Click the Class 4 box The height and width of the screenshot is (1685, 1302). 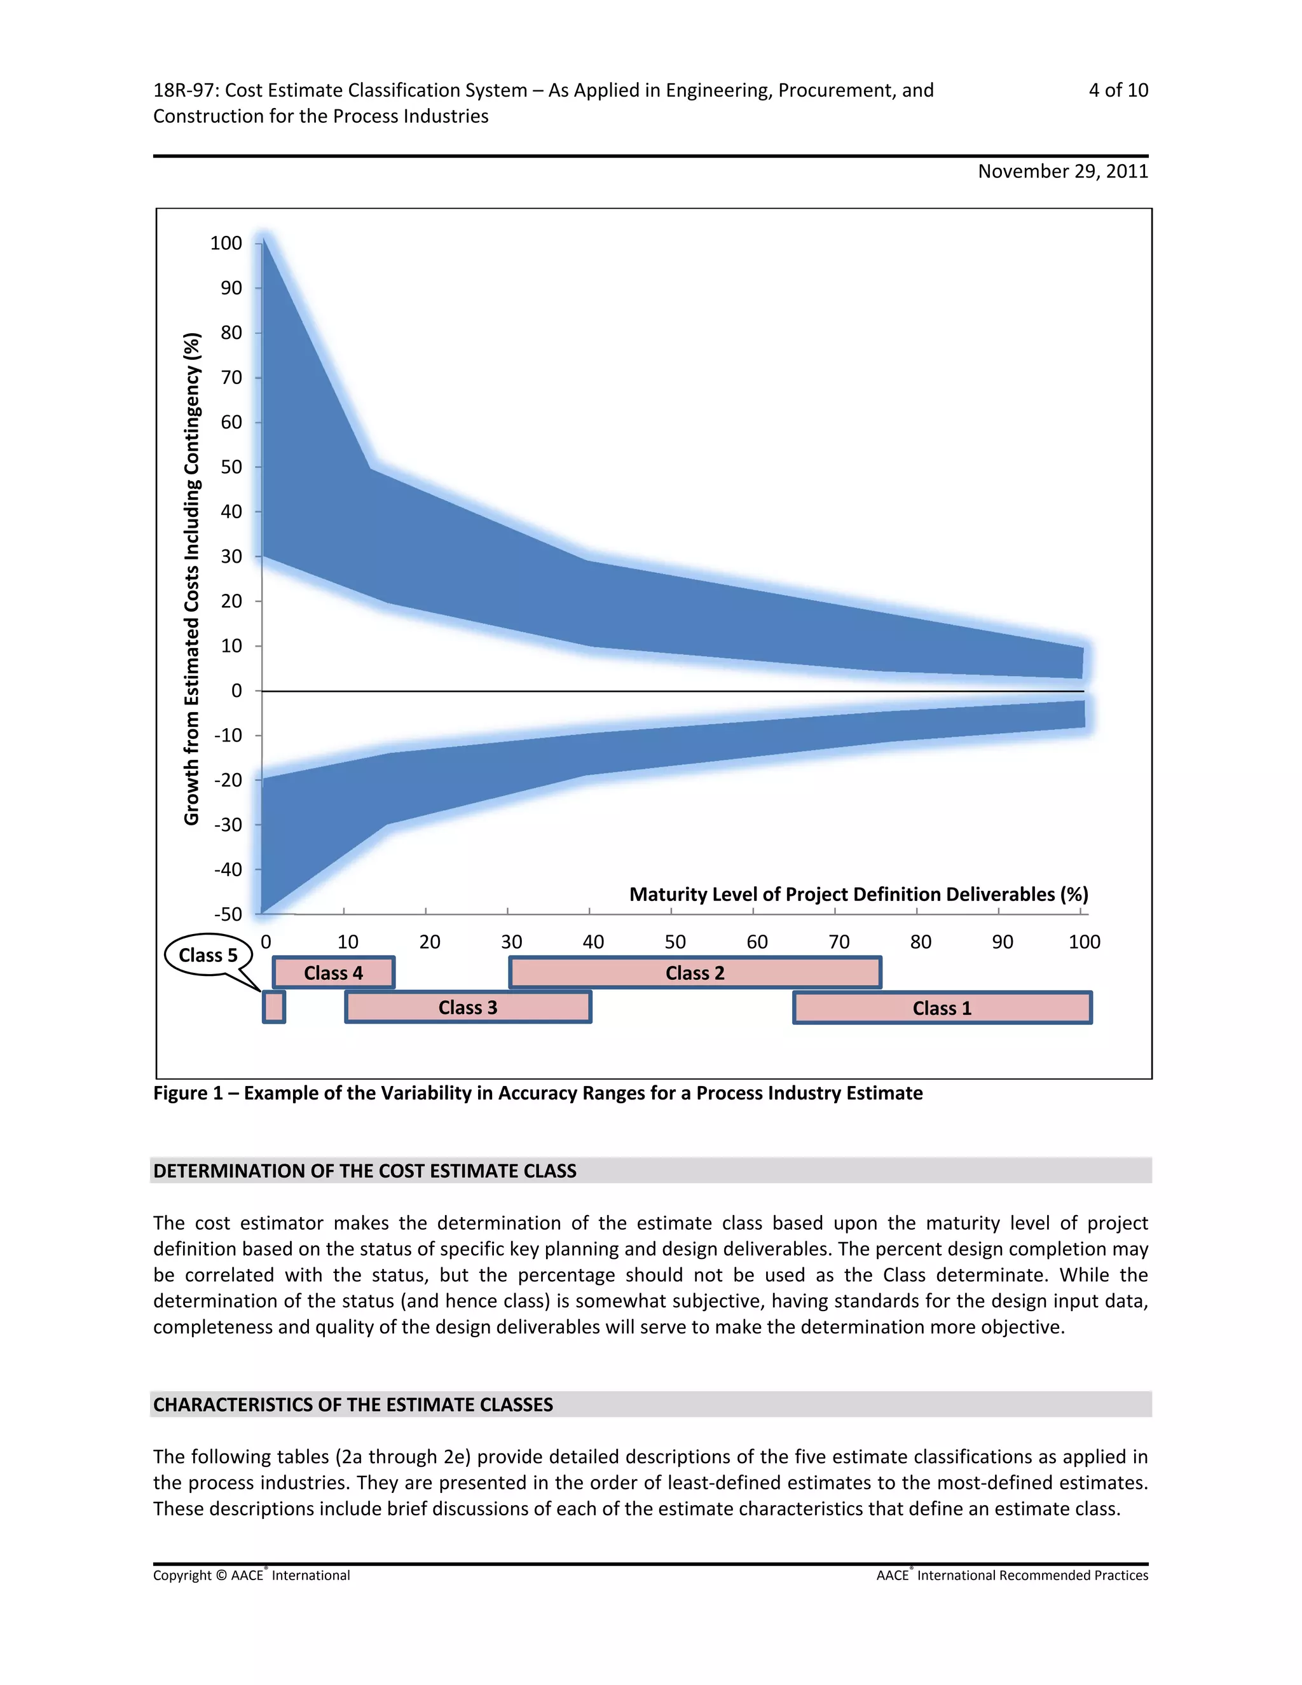click(333, 973)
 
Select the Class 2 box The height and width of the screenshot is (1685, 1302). click(695, 973)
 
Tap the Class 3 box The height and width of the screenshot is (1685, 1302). click(467, 1008)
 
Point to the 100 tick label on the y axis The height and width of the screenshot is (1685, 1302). click(226, 243)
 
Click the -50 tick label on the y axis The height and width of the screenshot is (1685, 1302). click(228, 914)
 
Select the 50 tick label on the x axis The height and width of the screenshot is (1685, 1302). click(675, 942)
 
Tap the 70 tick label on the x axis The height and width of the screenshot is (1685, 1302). click(839, 942)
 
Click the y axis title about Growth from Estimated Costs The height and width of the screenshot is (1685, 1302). click(192, 579)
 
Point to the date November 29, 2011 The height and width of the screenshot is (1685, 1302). click(1062, 171)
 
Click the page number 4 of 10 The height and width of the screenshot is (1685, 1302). click(1118, 90)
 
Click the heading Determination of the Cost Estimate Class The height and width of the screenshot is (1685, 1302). click(365, 1171)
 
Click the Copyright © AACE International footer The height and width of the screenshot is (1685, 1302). click(252, 1576)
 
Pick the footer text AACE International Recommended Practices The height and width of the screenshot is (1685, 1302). click(1012, 1576)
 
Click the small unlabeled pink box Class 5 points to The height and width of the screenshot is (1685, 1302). click(274, 1008)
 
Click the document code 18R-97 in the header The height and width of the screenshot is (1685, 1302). click(184, 90)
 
